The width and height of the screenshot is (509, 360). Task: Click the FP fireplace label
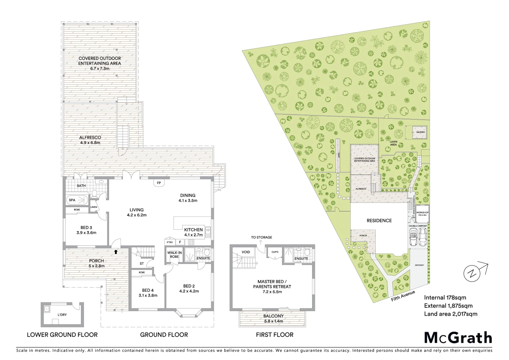point(159,183)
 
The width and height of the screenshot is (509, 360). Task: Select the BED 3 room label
point(86,228)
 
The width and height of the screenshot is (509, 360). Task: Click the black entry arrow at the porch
point(116,252)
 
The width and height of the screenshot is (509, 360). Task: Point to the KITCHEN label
point(193,230)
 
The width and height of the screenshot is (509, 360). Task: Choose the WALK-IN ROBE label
point(175,255)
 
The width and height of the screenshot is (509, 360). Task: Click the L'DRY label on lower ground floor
point(62,315)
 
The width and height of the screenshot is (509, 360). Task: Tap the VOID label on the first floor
point(246,252)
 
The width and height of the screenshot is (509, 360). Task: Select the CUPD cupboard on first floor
point(275,252)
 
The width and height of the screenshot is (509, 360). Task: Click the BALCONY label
point(273,316)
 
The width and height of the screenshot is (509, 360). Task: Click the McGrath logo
point(458,337)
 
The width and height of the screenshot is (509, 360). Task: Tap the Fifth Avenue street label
point(403,295)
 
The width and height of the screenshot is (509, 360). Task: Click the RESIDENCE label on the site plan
point(379,220)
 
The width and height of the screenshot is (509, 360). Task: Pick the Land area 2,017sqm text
point(450,314)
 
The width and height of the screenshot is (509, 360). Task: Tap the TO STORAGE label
point(262,237)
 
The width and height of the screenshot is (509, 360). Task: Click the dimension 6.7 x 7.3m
point(100,68)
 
